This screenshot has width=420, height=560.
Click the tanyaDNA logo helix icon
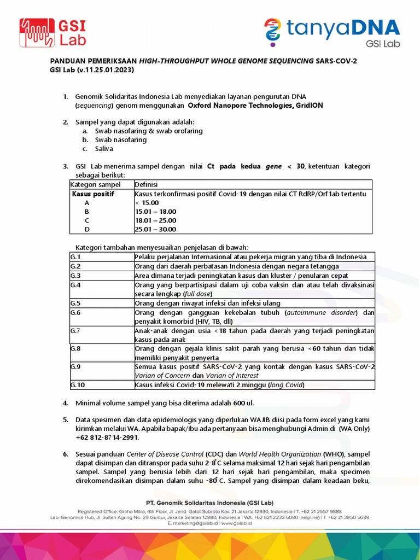(272, 31)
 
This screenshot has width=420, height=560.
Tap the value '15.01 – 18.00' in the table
(156, 211)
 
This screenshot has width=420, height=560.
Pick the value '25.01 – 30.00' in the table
(156, 229)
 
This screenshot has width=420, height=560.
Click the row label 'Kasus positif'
(94, 194)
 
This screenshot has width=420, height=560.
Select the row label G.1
(76, 257)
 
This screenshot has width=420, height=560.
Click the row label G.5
(76, 303)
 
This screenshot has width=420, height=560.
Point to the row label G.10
(78, 385)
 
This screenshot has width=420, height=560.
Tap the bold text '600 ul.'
(243, 403)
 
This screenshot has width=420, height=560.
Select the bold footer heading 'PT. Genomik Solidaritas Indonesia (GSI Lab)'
(209, 502)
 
